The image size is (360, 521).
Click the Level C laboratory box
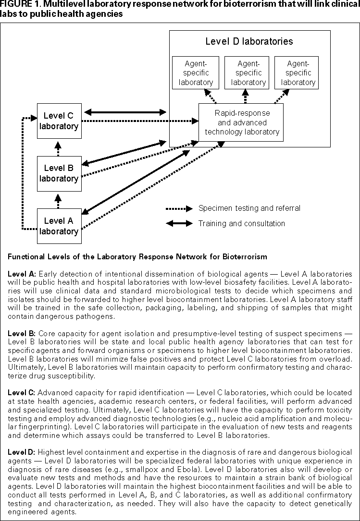coord(59,121)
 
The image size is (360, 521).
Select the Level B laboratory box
coord(59,173)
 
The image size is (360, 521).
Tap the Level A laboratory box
coord(59,226)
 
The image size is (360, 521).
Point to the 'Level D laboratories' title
coord(249,41)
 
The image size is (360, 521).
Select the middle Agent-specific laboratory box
coord(248,73)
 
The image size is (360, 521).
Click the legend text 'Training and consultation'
coord(241,223)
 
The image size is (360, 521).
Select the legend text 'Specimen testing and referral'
coord(249,208)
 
